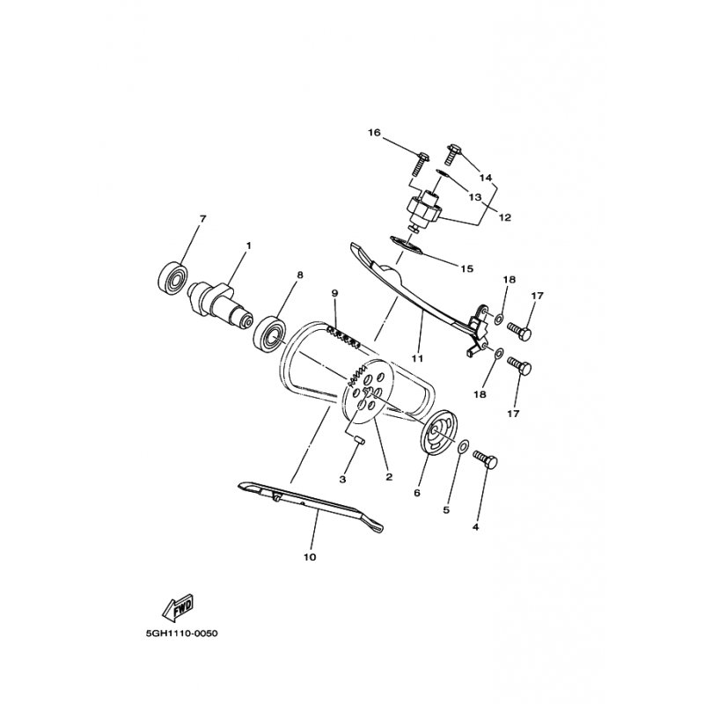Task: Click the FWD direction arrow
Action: [179, 607]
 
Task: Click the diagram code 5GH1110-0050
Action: [181, 634]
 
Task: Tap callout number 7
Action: [202, 218]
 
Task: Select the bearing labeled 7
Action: [173, 278]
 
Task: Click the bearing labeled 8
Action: [270, 334]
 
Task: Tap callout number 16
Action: [374, 133]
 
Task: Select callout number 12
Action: [505, 217]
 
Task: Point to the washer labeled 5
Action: [464, 448]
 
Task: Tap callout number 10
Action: [310, 557]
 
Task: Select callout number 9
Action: [334, 293]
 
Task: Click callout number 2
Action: [389, 477]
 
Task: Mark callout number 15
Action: [467, 268]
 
